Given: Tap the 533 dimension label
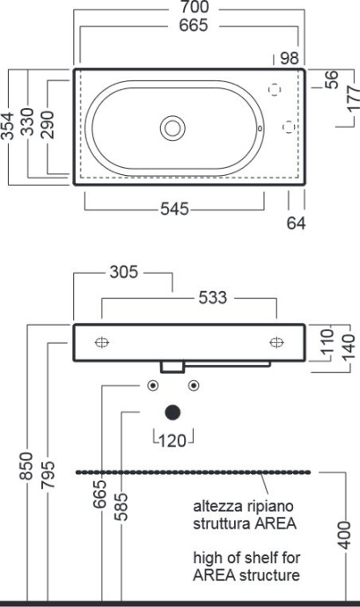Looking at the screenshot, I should pos(210,298).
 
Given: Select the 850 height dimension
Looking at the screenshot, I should pos(27,470).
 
